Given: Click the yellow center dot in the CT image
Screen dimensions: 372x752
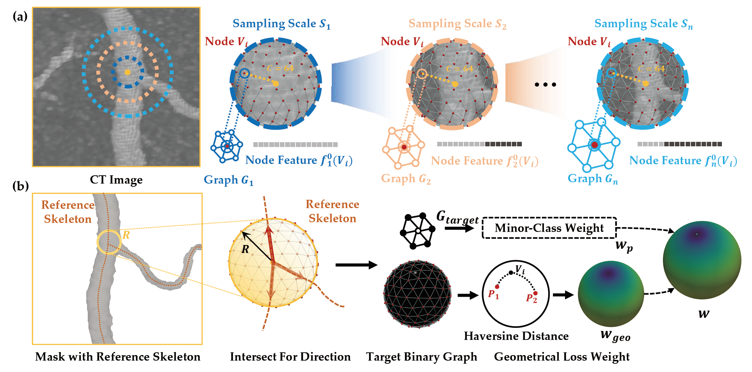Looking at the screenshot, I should click(128, 72).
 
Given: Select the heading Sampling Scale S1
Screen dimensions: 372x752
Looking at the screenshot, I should click(281, 24).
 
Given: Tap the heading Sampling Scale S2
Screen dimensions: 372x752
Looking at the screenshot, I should click(457, 24).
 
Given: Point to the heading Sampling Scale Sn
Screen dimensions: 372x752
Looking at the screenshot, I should click(643, 24).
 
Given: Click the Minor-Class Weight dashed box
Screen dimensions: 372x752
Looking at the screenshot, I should click(549, 228).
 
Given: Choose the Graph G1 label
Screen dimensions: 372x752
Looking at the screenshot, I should click(228, 180).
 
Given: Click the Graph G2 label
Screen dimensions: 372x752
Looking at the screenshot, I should click(406, 179).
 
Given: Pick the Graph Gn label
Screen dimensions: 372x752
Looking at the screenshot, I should click(593, 179).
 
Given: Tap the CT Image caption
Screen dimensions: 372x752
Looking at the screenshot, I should click(116, 180).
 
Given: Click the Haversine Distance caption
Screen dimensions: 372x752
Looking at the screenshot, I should click(516, 336).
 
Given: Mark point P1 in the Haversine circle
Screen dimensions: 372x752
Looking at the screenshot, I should click(497, 287).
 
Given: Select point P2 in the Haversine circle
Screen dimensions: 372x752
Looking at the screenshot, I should click(535, 293).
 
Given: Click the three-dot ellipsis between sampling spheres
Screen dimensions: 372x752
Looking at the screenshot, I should click(545, 85).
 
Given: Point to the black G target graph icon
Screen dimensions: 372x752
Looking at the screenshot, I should click(417, 231).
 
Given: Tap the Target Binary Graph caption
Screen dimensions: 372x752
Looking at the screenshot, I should click(422, 356).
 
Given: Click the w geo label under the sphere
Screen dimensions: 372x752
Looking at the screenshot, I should click(615, 335).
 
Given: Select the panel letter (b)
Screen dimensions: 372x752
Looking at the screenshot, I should click(20, 186).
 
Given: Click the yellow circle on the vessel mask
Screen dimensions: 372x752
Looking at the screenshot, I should click(109, 242).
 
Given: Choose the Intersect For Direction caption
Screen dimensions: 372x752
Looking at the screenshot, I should click(290, 356).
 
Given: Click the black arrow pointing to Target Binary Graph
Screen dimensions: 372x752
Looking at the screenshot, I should click(356, 265).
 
